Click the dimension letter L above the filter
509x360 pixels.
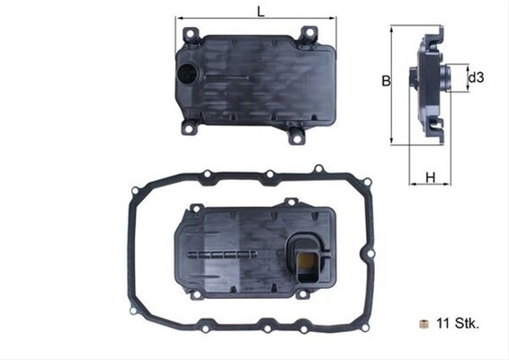point(260,12)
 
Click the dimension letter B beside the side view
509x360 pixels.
point(384,81)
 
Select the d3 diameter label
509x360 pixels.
point(476,78)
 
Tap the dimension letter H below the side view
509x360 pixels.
point(431,177)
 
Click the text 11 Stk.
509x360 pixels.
point(457,322)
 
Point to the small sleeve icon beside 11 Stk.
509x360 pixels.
point(423,322)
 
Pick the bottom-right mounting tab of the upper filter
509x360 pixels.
point(296,136)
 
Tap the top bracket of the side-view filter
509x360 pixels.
point(438,35)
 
